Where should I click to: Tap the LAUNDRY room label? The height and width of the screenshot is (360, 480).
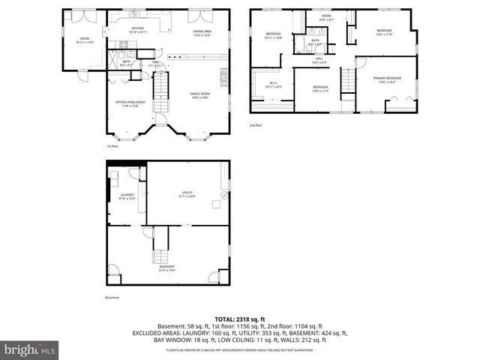pyautogui.click(x=126, y=197)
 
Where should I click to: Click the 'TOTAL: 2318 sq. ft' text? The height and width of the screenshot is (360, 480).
pyautogui.click(x=239, y=319)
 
